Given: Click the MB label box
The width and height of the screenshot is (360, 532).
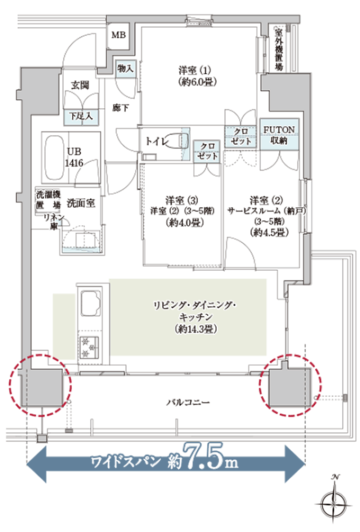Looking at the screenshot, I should click(x=118, y=35).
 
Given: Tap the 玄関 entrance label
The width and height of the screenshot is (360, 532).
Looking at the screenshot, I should click(x=80, y=86).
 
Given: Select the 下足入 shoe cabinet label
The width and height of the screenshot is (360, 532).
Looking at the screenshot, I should click(x=83, y=115).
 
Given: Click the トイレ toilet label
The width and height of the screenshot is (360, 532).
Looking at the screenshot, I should click(x=158, y=142).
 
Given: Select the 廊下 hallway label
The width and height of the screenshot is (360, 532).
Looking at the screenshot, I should click(x=121, y=108).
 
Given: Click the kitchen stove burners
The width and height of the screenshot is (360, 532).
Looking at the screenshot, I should click(x=92, y=344).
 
